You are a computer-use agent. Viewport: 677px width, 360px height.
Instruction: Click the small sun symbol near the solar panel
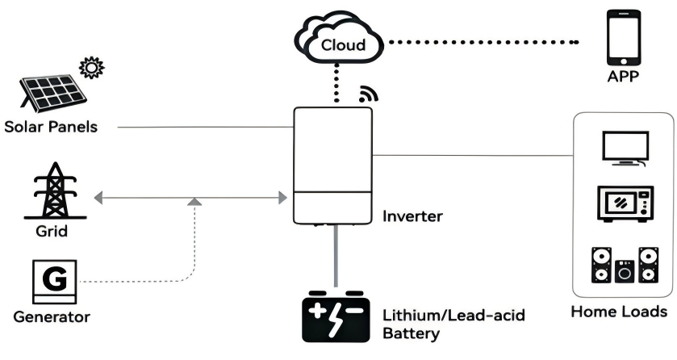point(92,68)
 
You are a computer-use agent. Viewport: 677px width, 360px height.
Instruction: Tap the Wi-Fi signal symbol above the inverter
point(368,94)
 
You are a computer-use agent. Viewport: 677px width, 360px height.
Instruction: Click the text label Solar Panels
point(50,128)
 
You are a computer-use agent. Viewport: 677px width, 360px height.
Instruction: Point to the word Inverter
point(411,216)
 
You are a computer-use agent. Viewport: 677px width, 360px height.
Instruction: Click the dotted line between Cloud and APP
point(484,42)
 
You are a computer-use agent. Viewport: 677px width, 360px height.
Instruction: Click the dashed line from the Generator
point(145,281)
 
